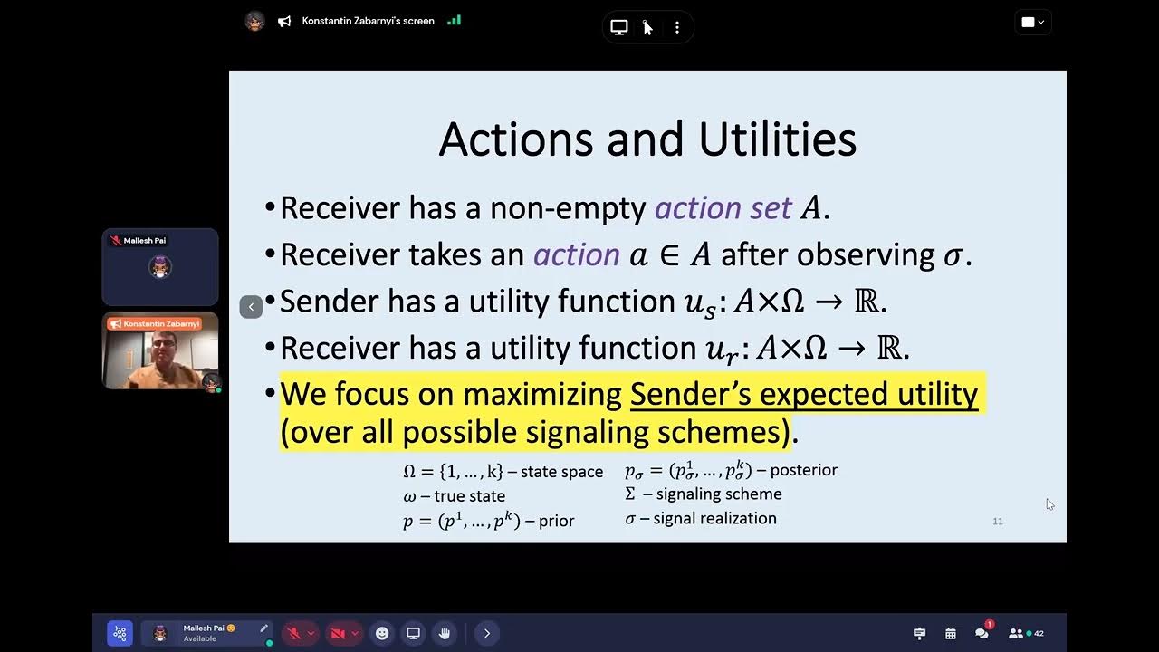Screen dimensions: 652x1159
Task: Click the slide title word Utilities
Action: pos(777,140)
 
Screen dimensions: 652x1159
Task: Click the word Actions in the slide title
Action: pos(516,140)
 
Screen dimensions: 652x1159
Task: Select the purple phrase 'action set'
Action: pos(723,208)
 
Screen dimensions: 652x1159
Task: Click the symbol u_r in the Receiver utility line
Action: pos(718,350)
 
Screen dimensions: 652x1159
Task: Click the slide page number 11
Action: pos(998,522)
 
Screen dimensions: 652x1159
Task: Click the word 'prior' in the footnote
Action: pos(556,521)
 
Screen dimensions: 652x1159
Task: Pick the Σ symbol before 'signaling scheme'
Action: pos(630,494)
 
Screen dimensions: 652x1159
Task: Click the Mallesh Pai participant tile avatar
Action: pos(160,267)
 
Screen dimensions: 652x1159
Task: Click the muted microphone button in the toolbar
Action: pos(292,633)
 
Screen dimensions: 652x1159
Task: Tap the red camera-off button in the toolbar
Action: pos(338,633)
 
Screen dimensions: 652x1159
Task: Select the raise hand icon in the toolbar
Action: pos(444,633)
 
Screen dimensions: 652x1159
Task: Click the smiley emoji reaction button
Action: pos(382,633)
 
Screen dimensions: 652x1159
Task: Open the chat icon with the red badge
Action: pos(982,633)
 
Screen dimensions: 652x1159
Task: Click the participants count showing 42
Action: pos(1026,633)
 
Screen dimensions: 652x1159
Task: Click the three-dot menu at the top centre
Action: pos(676,27)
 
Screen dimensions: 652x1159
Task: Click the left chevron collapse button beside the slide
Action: pos(251,307)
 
